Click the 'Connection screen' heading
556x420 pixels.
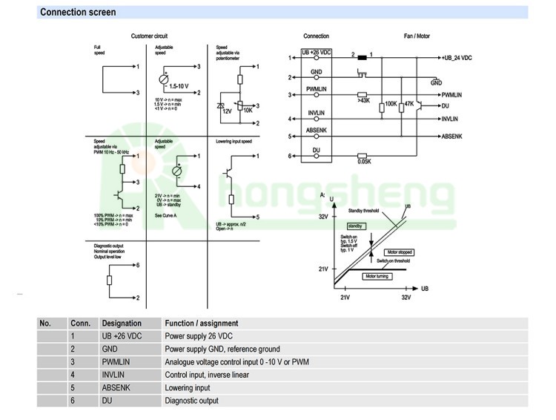click(x=78, y=13)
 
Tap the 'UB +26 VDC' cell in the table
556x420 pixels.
click(x=122, y=335)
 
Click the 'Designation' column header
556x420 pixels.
click(x=122, y=323)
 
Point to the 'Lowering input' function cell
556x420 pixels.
click(x=187, y=387)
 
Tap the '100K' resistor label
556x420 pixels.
click(x=391, y=104)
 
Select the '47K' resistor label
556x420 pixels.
click(x=408, y=104)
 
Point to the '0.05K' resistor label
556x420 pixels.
click(x=363, y=162)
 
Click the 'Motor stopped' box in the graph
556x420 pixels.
click(x=400, y=252)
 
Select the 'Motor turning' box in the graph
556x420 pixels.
click(x=377, y=275)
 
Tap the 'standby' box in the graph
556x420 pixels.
click(x=355, y=226)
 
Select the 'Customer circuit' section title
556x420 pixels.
click(x=150, y=36)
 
